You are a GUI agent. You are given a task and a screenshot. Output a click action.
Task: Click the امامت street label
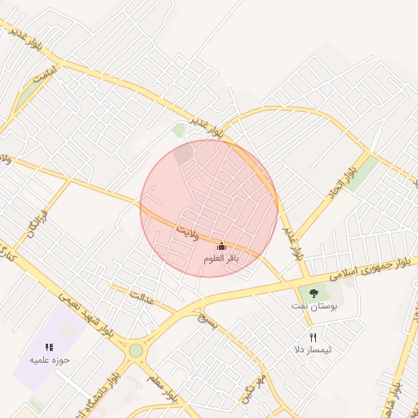tap(44, 73)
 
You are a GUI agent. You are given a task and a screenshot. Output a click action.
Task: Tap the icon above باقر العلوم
tap(221, 247)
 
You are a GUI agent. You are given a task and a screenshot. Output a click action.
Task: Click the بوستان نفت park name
tap(313, 305)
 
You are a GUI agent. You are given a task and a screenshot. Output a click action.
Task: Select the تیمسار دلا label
tap(313, 349)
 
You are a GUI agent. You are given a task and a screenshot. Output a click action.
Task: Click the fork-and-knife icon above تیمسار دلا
tap(313, 337)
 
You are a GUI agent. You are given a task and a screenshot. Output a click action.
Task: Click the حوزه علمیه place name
tap(50, 359)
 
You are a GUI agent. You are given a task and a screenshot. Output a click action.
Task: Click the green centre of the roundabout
tap(136, 351)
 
